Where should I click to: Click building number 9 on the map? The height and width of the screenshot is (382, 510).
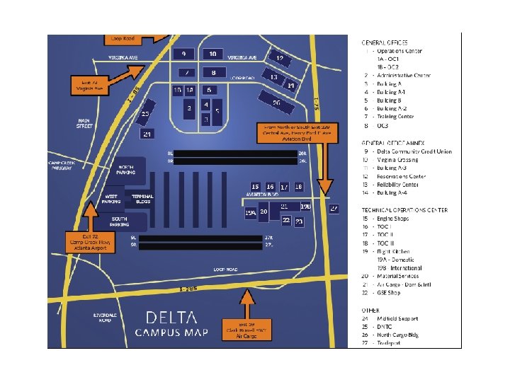coord(184,54)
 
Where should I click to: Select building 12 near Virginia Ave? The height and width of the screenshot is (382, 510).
coord(280,58)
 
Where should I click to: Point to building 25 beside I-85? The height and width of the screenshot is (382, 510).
coord(146,114)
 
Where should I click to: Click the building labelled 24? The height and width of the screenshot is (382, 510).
coord(147,134)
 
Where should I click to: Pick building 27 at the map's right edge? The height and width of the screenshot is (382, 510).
coord(334,208)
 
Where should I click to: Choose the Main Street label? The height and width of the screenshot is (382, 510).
coord(86,124)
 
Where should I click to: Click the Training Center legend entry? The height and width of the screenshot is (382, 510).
coord(396,117)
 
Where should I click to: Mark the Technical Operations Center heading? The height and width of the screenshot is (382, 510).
coord(404,210)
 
